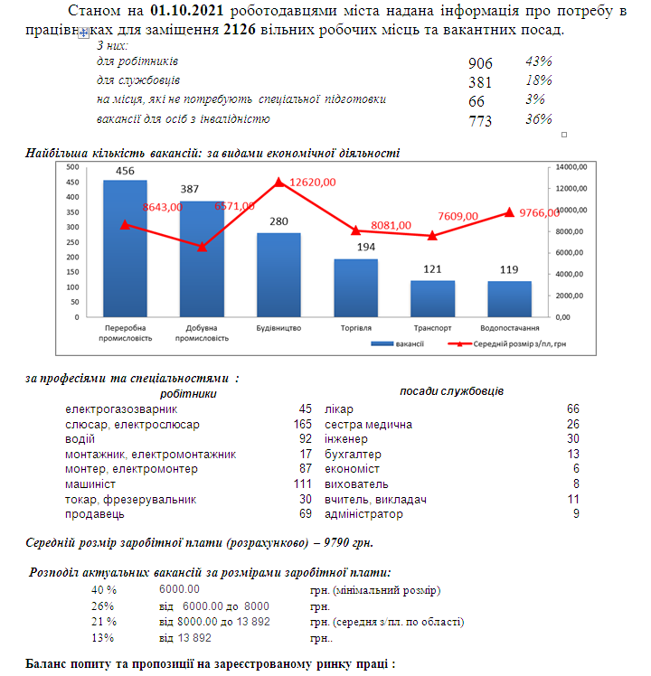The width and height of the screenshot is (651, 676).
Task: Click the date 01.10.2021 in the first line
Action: pos(187,10)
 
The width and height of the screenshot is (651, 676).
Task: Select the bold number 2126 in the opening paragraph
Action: pos(240,29)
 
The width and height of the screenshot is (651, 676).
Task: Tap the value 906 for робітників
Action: pos(480,63)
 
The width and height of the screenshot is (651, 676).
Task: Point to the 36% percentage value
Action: pos(538,119)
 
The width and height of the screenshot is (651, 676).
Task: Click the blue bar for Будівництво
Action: pos(278,275)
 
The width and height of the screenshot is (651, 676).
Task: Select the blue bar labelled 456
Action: pos(125,249)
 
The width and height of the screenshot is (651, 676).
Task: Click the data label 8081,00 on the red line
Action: pos(391,225)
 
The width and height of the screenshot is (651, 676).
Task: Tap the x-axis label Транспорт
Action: pos(432,328)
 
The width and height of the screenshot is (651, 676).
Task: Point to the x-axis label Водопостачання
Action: pos(509,328)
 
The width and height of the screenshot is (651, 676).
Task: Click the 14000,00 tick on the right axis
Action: pos(571,167)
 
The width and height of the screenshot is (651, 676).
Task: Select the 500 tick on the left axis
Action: pos(73,167)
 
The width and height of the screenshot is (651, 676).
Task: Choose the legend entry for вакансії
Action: pos(397,344)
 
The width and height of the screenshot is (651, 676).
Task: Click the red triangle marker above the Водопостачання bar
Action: pos(509,212)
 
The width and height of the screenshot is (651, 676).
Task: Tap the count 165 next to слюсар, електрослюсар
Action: pos(302,424)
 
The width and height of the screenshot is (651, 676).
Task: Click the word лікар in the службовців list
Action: pos(339,408)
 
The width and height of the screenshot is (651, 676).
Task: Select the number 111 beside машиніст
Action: pos(302,484)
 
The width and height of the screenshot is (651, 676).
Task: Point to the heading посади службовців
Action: pos(452,391)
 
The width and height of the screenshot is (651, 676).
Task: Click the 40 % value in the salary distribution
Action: pos(104,590)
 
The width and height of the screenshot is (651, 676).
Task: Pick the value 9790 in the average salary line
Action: pos(336,542)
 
